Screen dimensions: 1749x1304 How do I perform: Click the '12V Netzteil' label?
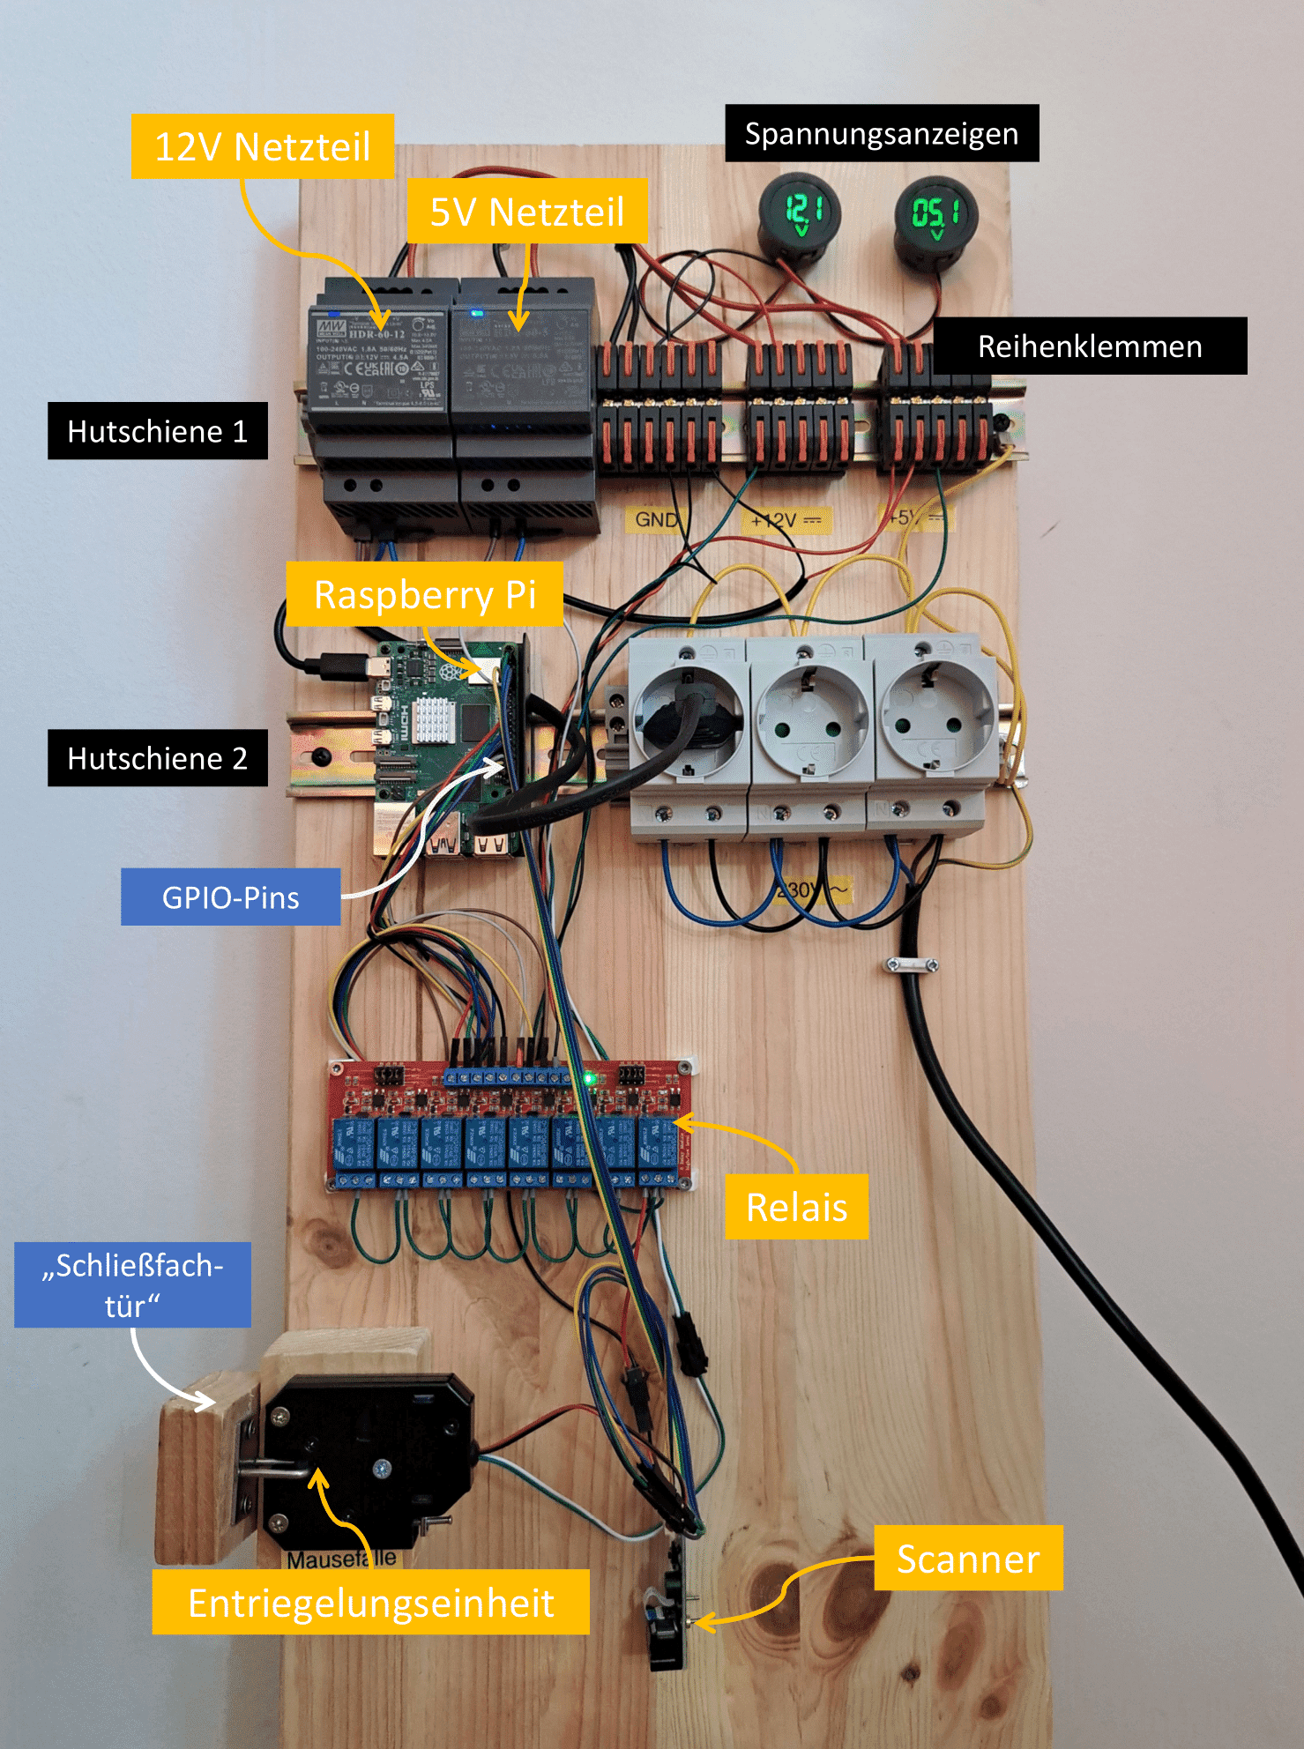[x=262, y=146]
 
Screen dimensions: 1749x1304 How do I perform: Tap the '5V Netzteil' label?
[x=526, y=212]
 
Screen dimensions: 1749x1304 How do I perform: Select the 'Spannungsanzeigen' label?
[x=881, y=133]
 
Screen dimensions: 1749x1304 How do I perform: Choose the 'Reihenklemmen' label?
[x=1089, y=346]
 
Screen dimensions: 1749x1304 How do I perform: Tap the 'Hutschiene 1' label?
[x=157, y=431]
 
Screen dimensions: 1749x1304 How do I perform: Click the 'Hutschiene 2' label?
[x=157, y=758]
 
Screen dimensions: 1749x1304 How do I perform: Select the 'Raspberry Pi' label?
[x=424, y=594]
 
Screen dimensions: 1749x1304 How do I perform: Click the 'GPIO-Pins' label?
[x=230, y=897]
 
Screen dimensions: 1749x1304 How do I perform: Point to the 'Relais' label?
[x=796, y=1207]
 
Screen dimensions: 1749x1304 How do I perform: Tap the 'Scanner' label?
[x=967, y=1559]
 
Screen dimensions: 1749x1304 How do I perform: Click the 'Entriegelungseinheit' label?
[x=370, y=1603]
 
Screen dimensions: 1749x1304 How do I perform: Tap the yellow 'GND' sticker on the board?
[x=656, y=519]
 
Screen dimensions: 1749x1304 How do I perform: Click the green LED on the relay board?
[x=588, y=1078]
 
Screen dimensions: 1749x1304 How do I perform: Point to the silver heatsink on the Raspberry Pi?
[x=432, y=719]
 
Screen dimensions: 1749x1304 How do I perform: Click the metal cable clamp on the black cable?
[x=911, y=965]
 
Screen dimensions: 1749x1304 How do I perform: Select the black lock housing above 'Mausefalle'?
[x=370, y=1455]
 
